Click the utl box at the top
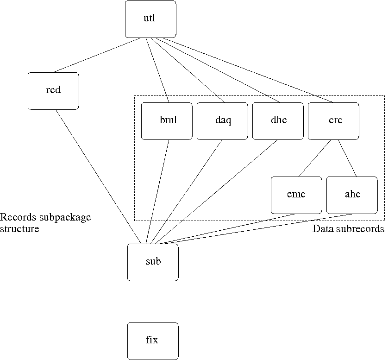150,19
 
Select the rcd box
53,90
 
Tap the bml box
167,120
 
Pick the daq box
222,120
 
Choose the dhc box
278,120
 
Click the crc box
333,120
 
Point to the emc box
296,195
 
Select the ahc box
352,195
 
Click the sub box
153,262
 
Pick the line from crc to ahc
347,158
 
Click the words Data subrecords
348,229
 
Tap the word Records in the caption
16,217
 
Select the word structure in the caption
19,229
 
